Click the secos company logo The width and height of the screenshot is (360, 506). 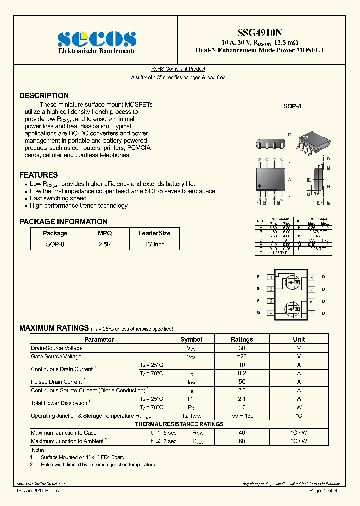tap(97, 38)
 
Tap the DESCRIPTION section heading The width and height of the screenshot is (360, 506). tap(44, 96)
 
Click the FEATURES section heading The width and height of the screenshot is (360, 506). tap(38, 175)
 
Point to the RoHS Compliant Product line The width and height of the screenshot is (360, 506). tap(178, 69)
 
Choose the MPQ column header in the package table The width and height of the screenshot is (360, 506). tap(105, 233)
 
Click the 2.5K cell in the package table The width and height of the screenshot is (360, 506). tap(105, 244)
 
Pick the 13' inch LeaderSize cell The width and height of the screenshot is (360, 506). tap(154, 244)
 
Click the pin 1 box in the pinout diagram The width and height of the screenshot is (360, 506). tap(270, 277)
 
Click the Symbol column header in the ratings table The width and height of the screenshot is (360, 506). tap(191, 339)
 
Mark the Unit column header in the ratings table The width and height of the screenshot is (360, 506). tap(299, 339)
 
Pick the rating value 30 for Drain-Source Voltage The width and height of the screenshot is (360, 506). tap(242, 348)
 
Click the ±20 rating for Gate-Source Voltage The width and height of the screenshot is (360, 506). tap(242, 357)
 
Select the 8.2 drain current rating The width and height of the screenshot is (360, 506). tap(242, 373)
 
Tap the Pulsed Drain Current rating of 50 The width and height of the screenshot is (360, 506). tap(242, 382)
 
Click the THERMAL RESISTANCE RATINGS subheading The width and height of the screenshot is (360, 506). tap(179, 424)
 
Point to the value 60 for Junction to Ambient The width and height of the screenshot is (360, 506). tap(242, 441)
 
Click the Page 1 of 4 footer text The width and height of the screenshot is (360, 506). tap(323, 491)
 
